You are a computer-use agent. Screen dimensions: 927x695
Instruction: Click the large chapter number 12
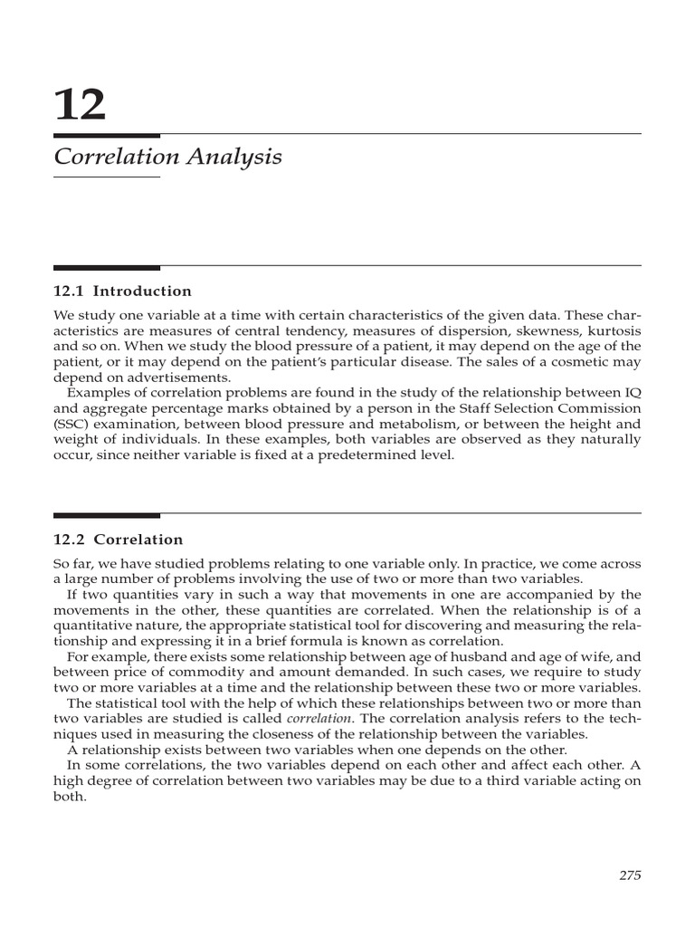[x=81, y=106]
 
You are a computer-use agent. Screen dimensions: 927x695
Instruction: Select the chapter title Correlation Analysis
[x=167, y=157]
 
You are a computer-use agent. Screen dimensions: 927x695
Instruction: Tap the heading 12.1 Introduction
[x=123, y=291]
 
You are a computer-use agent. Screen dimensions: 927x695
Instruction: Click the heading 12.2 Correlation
[x=119, y=540]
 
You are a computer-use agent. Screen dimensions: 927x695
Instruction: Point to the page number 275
[x=630, y=874]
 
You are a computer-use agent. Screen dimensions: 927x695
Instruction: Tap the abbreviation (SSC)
[x=71, y=423]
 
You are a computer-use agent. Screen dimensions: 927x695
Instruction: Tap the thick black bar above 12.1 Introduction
[x=107, y=267]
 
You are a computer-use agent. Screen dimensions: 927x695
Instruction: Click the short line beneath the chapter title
[x=107, y=177]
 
